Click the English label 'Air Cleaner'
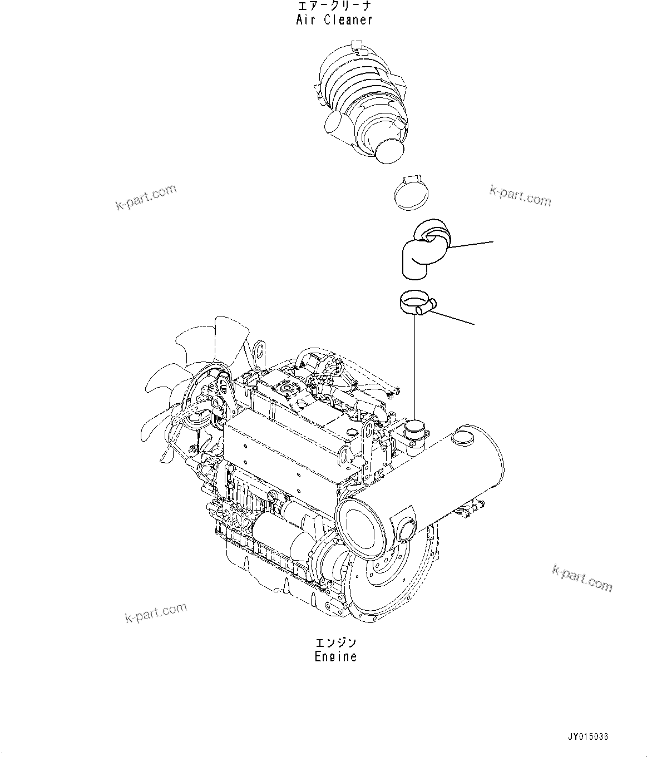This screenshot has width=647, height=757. point(333,20)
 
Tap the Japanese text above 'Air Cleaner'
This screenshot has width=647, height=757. point(333,7)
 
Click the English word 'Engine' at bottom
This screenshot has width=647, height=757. point(335,656)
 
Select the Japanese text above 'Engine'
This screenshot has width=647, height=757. point(335,643)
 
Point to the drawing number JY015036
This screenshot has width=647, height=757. point(588,736)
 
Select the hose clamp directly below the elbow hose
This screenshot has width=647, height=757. point(416,304)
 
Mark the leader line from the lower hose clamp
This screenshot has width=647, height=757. point(453,316)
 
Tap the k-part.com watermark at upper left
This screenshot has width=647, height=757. point(146,197)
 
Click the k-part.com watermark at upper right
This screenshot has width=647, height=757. point(520,195)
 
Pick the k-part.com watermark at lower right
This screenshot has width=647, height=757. point(582,578)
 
